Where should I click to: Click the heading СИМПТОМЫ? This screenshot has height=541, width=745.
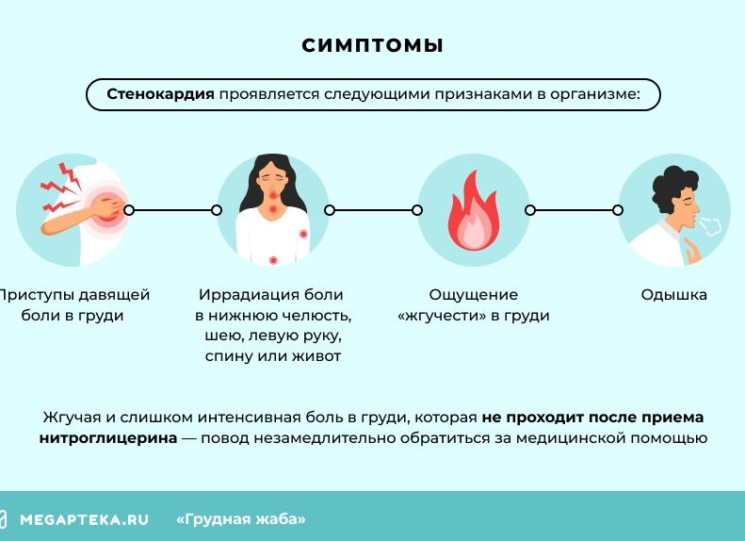(x=372, y=45)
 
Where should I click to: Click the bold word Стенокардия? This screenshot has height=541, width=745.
(x=160, y=95)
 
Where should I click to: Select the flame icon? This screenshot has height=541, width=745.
(x=473, y=212)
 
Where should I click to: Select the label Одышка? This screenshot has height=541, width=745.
(x=673, y=295)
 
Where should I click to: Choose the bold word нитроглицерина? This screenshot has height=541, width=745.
(x=108, y=438)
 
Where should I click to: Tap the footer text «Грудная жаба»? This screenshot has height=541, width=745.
(x=241, y=519)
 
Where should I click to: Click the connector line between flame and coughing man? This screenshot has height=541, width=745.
(x=574, y=210)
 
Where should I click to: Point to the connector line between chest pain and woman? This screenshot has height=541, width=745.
(x=172, y=210)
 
